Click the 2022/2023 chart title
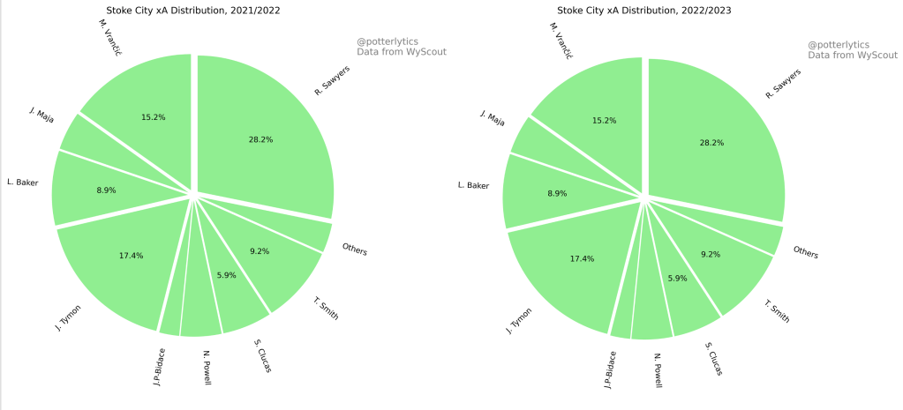coord(643,11)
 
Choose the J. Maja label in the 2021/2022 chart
coord(41,116)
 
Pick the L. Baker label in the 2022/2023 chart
coord(472,185)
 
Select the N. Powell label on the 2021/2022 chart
coord(207,373)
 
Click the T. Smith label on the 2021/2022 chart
coord(326,309)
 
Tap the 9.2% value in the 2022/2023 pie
coord(711,254)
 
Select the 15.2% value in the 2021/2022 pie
coord(154,116)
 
